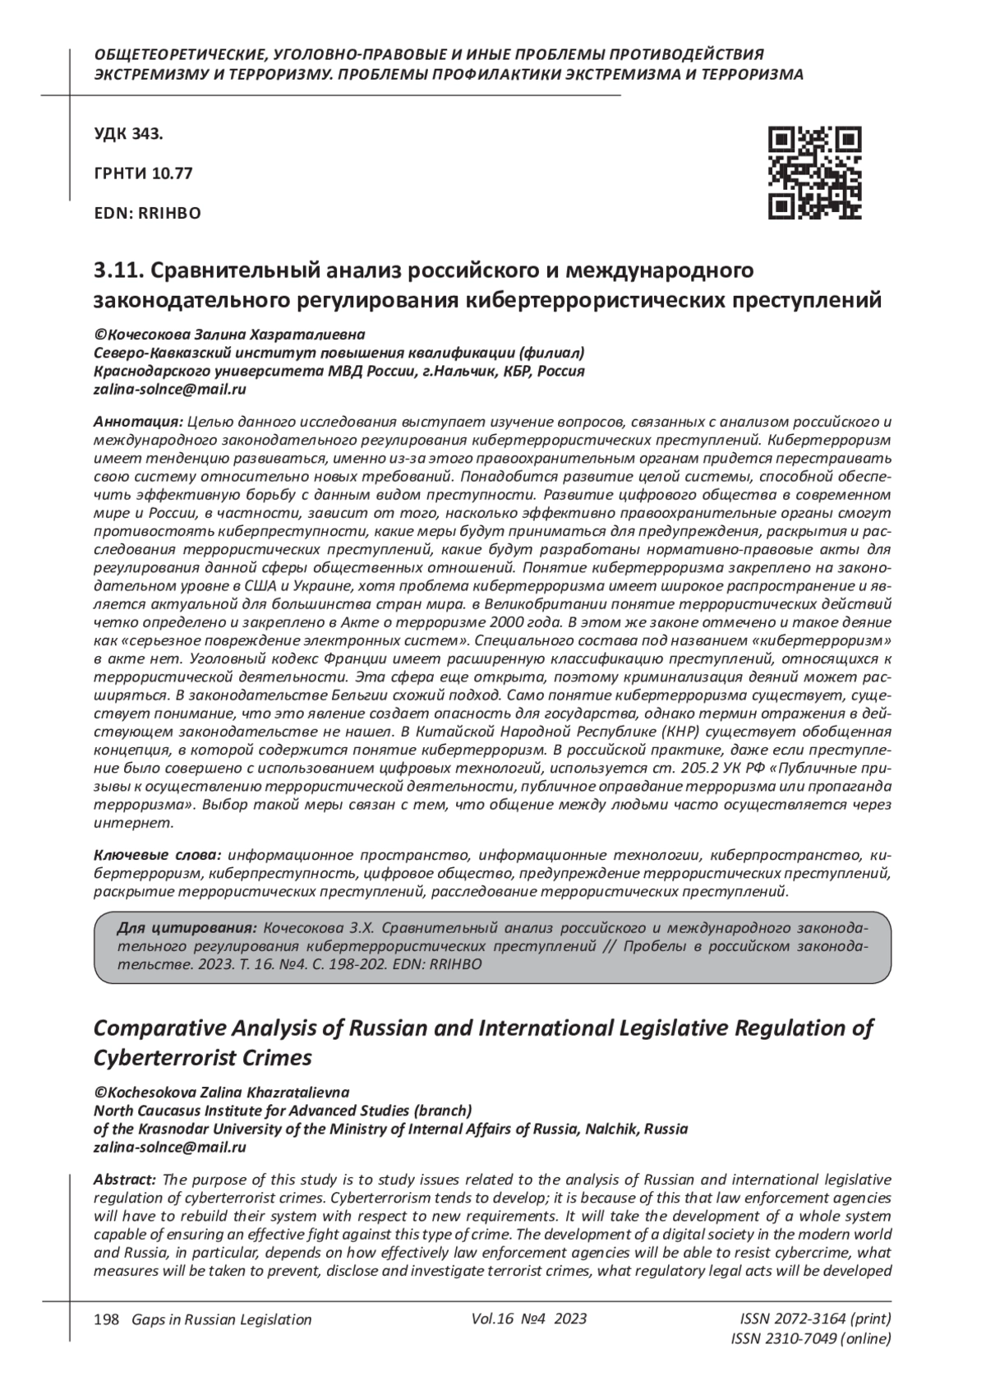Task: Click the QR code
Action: (814, 173)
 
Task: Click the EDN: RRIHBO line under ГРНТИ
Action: (148, 213)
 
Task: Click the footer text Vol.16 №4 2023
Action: (529, 1319)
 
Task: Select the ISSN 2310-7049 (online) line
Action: (810, 1339)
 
